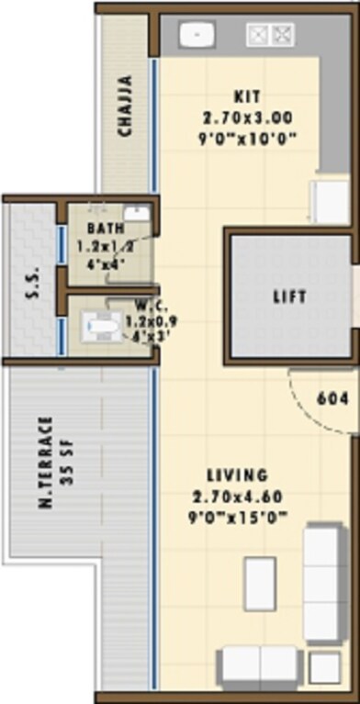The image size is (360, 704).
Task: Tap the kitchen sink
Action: [197, 35]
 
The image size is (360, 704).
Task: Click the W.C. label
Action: [123, 304]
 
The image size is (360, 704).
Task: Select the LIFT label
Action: [289, 297]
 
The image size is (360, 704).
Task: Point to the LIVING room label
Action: [237, 475]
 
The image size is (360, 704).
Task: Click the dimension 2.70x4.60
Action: [238, 497]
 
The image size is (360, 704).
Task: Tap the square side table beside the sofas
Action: [323, 667]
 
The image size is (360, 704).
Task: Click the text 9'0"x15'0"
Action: [238, 517]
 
